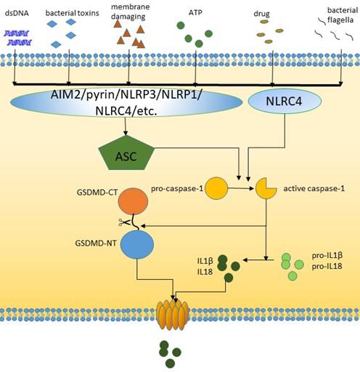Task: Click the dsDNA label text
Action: [17, 12]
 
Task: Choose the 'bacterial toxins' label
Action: [70, 12]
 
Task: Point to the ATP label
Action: [194, 12]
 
